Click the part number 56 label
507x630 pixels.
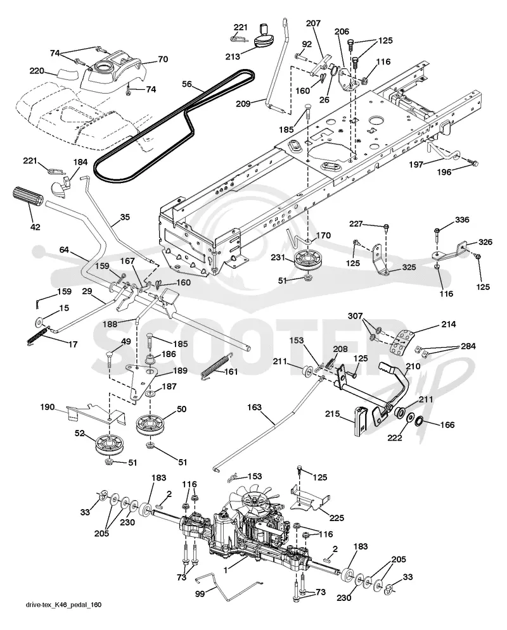(187, 84)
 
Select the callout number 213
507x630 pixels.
(233, 56)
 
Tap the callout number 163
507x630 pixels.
(255, 407)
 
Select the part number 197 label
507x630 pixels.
(416, 165)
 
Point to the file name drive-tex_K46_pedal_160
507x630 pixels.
(61, 616)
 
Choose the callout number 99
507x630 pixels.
(200, 594)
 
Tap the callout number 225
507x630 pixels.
(336, 519)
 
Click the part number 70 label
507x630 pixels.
(162, 59)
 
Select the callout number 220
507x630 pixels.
(37, 71)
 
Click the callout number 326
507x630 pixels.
(485, 242)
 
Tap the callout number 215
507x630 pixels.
(333, 413)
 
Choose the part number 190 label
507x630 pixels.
(48, 407)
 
